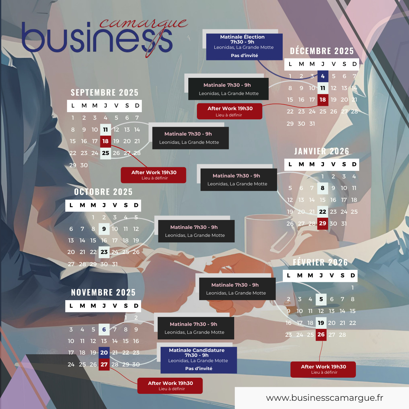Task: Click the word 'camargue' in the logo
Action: [143, 24]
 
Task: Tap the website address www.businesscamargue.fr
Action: [325, 398]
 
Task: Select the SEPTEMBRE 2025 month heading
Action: [105, 93]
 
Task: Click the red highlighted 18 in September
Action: [106, 141]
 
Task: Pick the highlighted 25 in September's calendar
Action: [106, 153]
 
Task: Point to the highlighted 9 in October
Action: [104, 229]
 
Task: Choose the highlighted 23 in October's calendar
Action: [104, 252]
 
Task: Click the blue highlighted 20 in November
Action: [104, 353]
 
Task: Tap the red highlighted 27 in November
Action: [104, 364]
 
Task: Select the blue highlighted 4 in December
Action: [323, 76]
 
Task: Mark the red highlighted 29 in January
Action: [323, 223]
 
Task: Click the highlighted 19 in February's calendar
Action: [321, 323]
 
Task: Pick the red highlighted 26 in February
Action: [321, 334]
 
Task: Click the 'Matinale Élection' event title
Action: [242, 37]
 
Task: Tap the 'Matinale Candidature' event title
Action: [197, 350]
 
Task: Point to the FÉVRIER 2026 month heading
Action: [320, 263]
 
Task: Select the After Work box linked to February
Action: [323, 369]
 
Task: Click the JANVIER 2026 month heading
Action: [322, 151]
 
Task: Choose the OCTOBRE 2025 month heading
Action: [103, 192]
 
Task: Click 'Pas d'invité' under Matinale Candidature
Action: [199, 368]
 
